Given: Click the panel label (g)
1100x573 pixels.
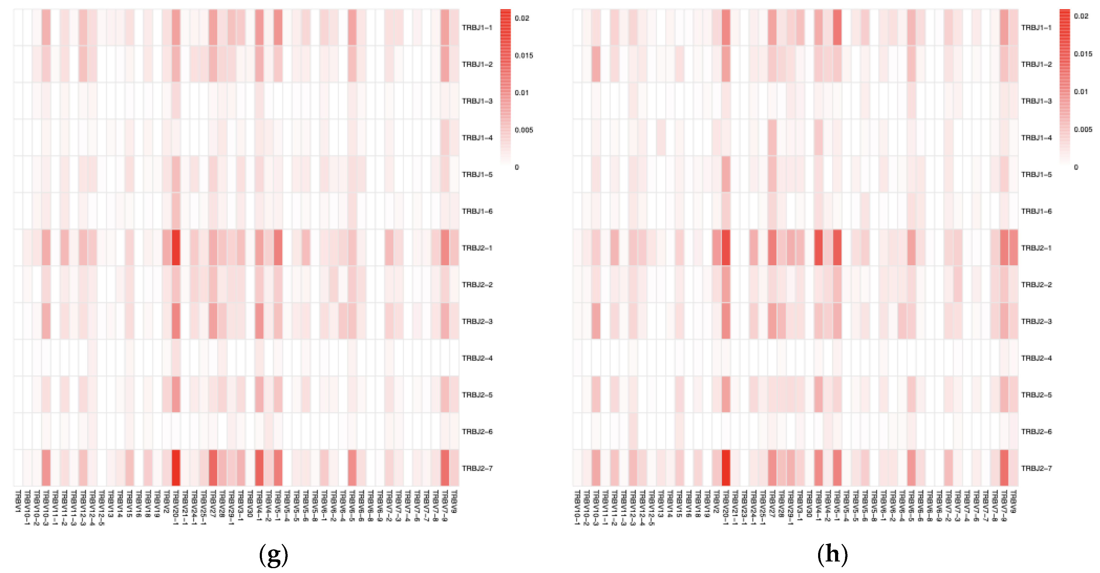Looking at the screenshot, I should (274, 554).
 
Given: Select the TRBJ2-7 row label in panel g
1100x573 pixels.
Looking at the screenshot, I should (477, 468).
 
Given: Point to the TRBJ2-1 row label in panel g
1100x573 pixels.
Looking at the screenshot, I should (477, 248).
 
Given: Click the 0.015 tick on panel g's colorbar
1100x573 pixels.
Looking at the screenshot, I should (523, 55).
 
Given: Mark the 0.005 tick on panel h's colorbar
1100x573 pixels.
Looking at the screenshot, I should (1083, 129).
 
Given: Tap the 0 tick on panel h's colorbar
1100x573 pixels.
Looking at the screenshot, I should (1076, 167).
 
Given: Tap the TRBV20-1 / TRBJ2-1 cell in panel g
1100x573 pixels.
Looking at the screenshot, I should (176, 248).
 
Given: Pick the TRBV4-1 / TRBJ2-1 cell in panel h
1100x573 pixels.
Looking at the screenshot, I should (818, 248).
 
